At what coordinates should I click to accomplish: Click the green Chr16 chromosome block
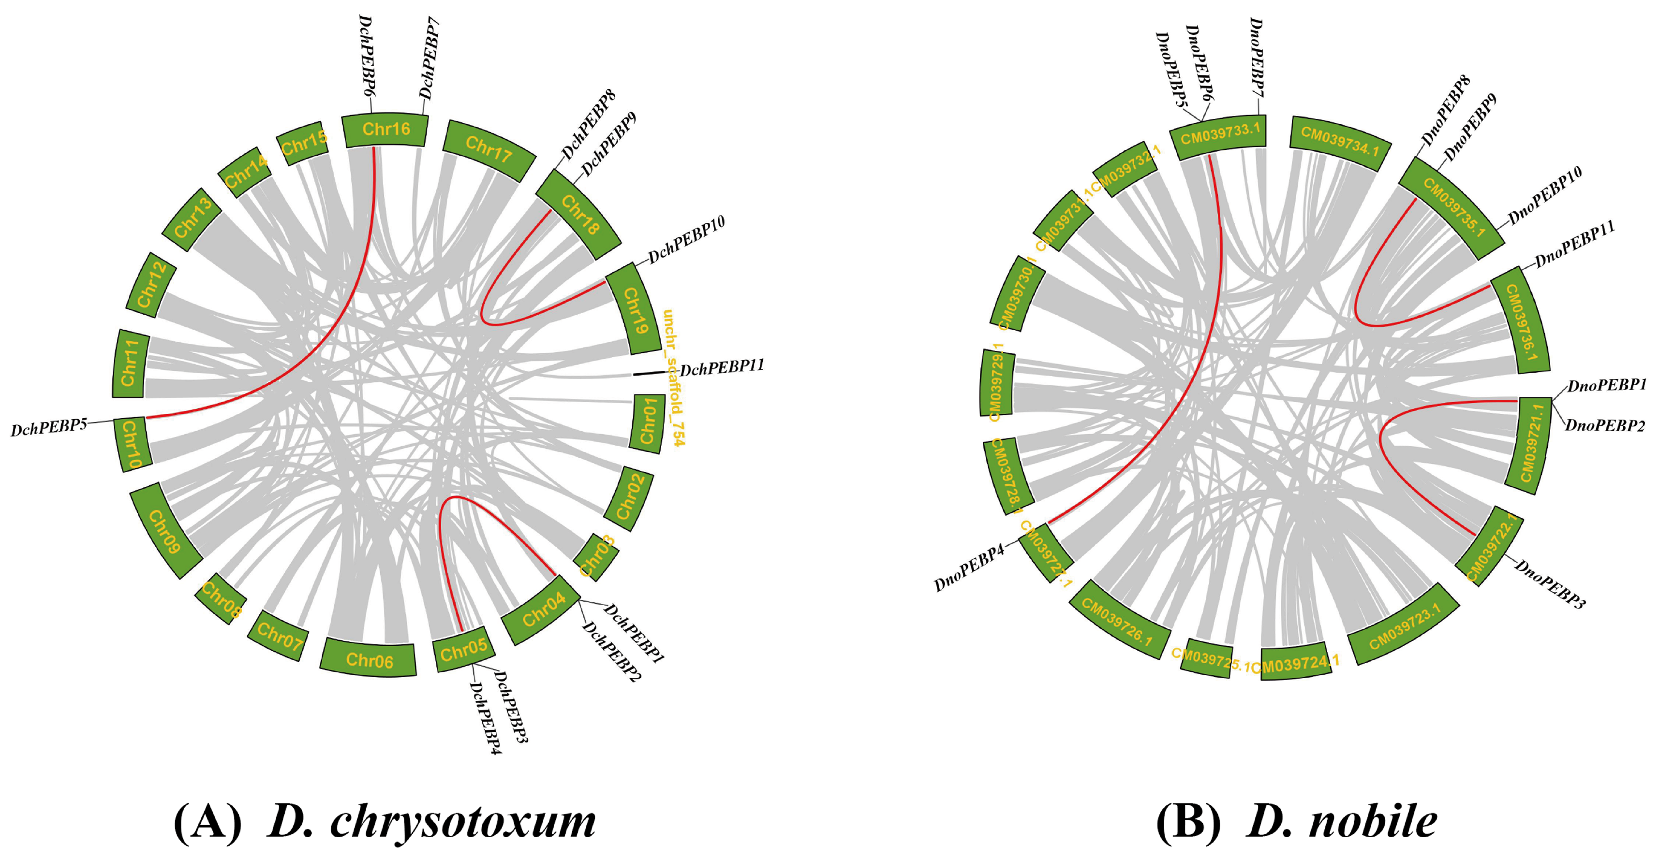click(385, 130)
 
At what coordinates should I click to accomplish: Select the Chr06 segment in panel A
click(369, 658)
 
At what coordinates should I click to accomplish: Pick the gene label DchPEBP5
click(49, 427)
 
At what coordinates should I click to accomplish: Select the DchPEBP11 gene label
click(722, 367)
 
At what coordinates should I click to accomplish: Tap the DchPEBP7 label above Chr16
click(430, 58)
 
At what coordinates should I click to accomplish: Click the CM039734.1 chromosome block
click(1340, 142)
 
